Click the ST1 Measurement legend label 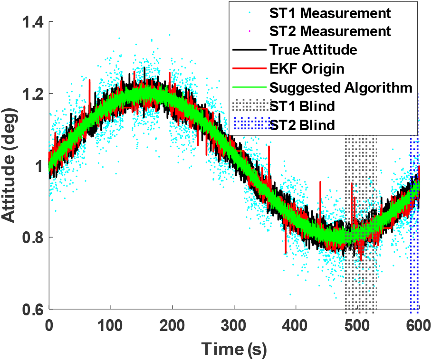[330, 12]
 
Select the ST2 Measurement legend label [330, 31]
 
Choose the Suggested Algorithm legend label [341, 87]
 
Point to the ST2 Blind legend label [303, 125]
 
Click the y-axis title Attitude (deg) [10, 167]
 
